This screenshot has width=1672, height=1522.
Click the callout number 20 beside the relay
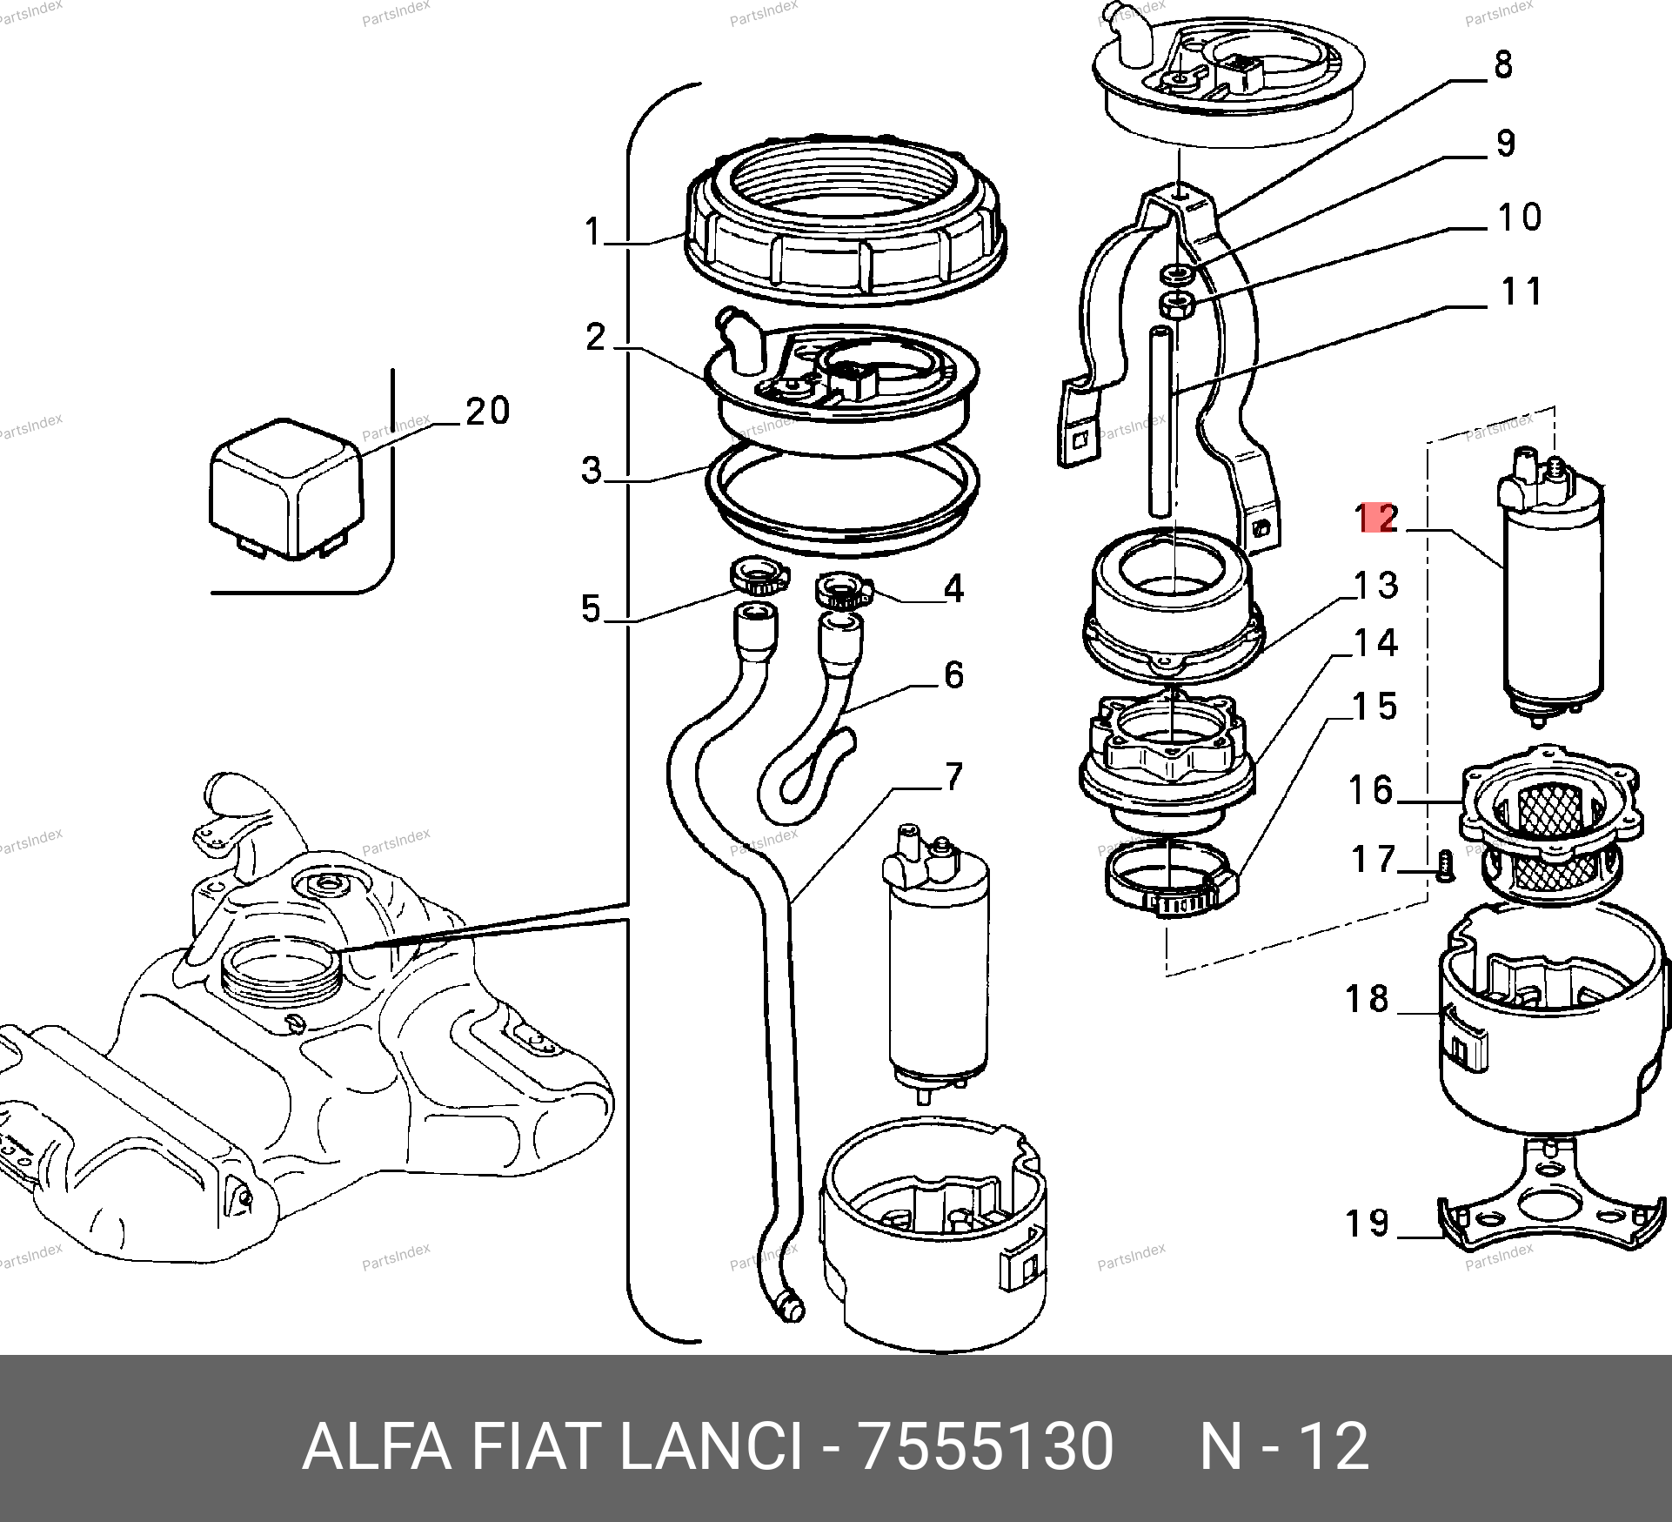coord(487,411)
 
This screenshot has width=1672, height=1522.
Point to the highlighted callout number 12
coord(1378,518)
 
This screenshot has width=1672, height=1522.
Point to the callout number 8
coord(1503,65)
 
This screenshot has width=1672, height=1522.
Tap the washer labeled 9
coord(1177,276)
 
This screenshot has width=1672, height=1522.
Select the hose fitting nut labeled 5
coord(756,574)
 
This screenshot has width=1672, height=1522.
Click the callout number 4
coord(953,589)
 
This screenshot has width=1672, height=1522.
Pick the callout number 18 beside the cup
coord(1367,998)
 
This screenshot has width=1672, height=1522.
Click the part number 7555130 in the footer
coord(985,1445)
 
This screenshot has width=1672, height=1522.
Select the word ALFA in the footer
coord(376,1445)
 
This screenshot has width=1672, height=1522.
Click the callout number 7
coord(953,776)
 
